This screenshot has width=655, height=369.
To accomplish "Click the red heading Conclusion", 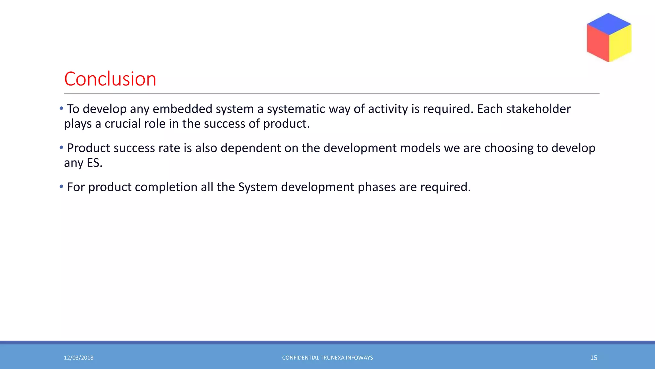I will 110,79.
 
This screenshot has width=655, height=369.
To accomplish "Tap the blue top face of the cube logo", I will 609,24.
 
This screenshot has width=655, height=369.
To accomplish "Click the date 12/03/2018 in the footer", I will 79,358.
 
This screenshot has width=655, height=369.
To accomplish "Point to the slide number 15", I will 594,358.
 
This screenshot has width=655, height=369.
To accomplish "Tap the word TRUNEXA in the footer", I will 332,358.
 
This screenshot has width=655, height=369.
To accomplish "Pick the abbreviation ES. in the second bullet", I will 95,163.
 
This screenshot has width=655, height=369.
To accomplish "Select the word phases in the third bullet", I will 377,187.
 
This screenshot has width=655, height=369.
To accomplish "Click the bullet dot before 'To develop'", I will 61,109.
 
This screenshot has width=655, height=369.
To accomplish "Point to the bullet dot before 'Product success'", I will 61,148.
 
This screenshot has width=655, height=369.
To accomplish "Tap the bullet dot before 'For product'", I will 61,187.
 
